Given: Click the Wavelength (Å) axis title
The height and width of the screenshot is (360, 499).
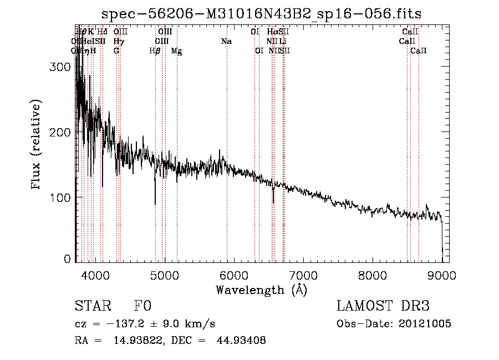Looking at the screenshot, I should (x=261, y=290).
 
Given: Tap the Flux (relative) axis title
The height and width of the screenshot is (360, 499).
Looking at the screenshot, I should (x=37, y=145).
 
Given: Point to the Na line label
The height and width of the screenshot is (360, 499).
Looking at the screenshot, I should (x=226, y=42).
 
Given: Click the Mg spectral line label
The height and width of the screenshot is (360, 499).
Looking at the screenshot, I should (x=176, y=51).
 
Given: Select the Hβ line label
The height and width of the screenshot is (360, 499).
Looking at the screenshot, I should (x=155, y=51).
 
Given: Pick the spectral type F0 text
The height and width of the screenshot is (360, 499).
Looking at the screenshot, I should (x=142, y=307).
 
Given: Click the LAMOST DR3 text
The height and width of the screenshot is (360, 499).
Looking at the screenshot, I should (x=383, y=307).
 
